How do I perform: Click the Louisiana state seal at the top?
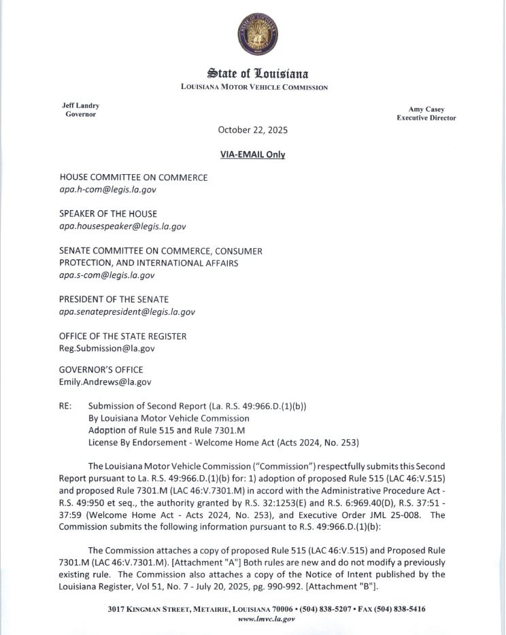(257, 35)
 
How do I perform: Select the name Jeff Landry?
(80, 105)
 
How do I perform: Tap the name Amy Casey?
(426, 109)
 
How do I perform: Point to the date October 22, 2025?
(252, 130)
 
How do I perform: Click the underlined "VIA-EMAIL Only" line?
(252, 154)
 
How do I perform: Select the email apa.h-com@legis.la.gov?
(107, 190)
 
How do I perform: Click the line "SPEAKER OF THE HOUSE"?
(108, 214)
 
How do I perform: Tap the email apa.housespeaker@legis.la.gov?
(122, 226)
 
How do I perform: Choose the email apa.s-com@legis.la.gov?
(107, 275)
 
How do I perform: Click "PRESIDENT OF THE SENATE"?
(114, 299)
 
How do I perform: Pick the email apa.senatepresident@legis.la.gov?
(127, 311)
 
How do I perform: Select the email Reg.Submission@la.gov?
(107, 348)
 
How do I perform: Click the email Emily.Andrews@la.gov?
(105, 382)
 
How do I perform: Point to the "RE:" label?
(66, 407)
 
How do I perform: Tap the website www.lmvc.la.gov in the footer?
(266, 619)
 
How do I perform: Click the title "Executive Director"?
(426, 118)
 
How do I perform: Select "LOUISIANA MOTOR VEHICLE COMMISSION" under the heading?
(254, 87)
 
